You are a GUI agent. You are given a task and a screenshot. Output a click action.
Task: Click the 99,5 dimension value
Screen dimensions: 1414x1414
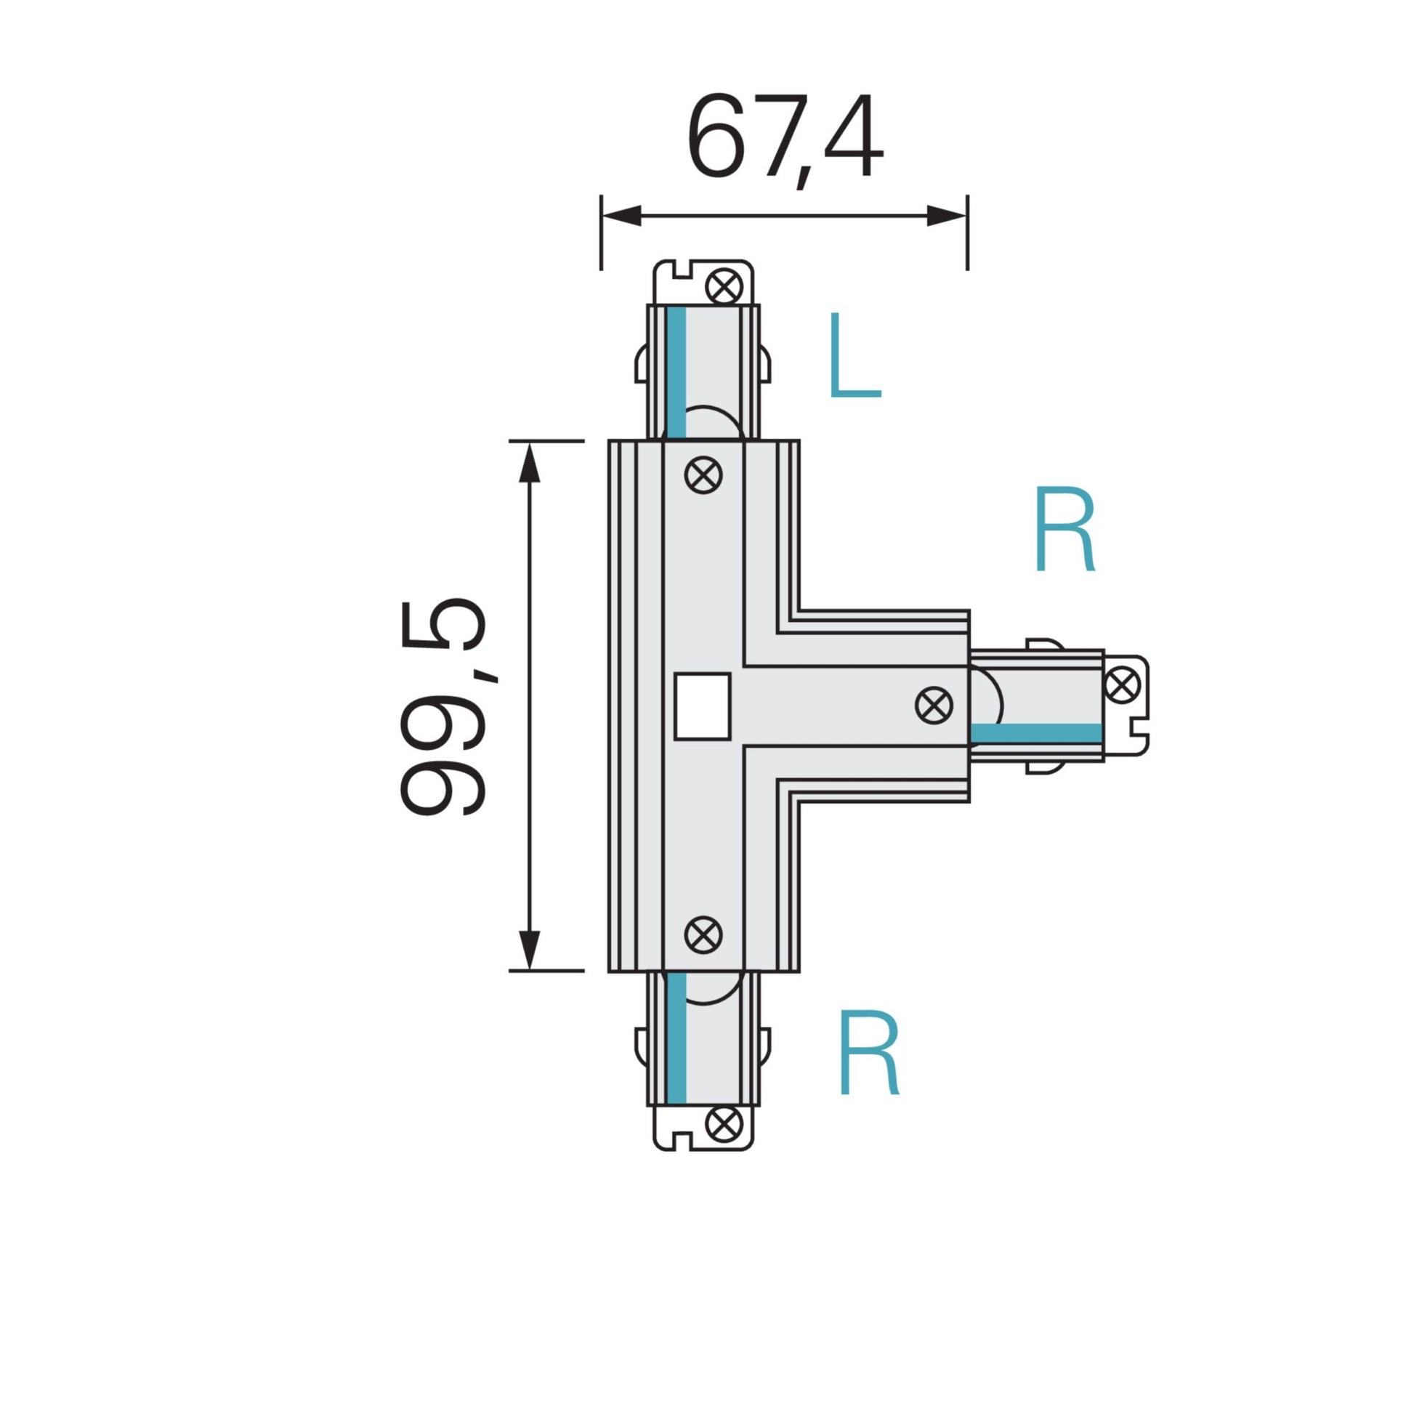(x=443, y=707)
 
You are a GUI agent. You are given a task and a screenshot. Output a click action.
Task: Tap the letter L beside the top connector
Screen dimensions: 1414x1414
(x=853, y=357)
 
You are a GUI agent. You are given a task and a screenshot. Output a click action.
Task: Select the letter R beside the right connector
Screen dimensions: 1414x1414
(x=1065, y=530)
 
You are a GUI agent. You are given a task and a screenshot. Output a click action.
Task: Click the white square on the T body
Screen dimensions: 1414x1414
(x=702, y=706)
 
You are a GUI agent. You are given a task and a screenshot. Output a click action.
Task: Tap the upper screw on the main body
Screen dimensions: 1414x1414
(x=703, y=475)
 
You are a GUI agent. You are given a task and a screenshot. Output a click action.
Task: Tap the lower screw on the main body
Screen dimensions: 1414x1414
(x=703, y=934)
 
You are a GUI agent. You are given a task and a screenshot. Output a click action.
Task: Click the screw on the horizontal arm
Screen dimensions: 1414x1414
(x=934, y=706)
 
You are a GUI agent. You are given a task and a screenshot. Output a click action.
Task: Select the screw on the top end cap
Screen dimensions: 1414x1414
(x=724, y=287)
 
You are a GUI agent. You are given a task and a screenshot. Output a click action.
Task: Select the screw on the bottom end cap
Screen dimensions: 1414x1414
(x=724, y=1123)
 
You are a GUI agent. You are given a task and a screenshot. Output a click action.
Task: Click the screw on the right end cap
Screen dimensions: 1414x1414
(x=1121, y=686)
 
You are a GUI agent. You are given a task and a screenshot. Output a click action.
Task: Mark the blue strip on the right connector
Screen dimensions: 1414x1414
(x=1035, y=733)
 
